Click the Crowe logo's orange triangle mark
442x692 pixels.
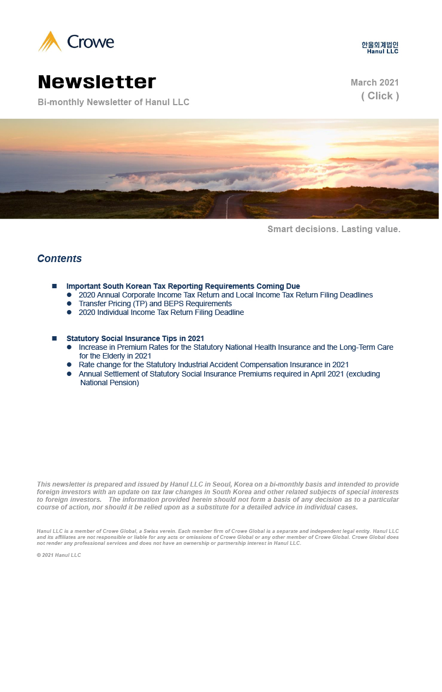(x=50, y=42)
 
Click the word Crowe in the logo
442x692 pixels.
(x=90, y=42)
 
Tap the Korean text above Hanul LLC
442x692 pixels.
(x=380, y=45)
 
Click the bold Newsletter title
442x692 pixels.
(x=97, y=82)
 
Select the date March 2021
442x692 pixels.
(x=374, y=83)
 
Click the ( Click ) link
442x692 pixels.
(x=380, y=96)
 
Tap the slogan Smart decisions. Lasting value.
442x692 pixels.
(x=333, y=229)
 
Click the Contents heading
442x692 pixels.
(x=59, y=259)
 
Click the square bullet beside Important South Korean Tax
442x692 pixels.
(x=55, y=286)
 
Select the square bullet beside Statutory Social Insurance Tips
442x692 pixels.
(x=55, y=338)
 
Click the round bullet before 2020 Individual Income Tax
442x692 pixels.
(x=69, y=312)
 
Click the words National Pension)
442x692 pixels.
(x=110, y=383)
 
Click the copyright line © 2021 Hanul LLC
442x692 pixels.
(x=59, y=555)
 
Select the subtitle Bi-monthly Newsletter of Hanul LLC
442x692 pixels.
(x=114, y=102)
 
